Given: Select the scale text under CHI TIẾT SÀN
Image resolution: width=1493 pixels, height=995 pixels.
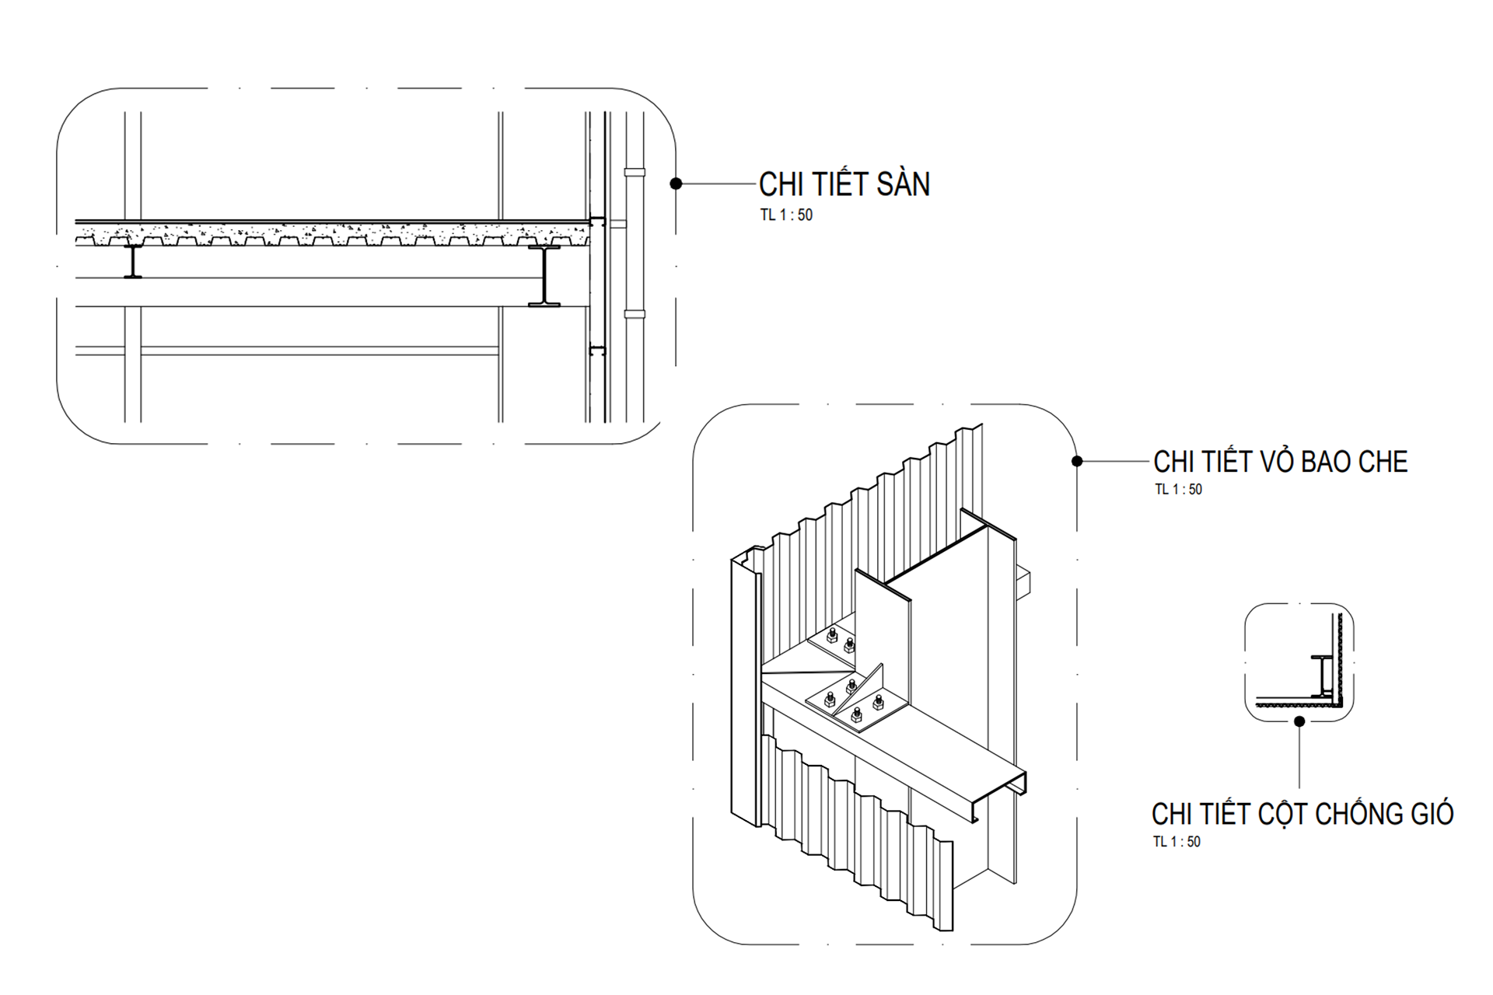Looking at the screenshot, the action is (x=786, y=215).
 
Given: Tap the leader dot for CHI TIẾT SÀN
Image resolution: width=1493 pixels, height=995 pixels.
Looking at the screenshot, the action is (x=676, y=183).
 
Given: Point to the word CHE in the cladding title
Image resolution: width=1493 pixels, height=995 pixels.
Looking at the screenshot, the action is (x=1383, y=462).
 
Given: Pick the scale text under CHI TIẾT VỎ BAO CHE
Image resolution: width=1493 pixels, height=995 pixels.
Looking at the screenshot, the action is (x=1178, y=490).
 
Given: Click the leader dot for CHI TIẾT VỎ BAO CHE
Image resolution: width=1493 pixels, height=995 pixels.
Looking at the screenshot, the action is (x=1077, y=462).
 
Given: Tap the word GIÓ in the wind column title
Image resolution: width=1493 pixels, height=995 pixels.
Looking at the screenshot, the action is (x=1428, y=813).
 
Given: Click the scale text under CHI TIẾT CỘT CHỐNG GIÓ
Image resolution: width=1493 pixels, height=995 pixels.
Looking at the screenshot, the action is (x=1177, y=842).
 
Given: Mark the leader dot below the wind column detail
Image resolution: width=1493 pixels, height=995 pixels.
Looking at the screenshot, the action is (x=1299, y=721).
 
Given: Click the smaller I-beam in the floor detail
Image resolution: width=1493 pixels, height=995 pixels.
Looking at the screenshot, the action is (x=133, y=261).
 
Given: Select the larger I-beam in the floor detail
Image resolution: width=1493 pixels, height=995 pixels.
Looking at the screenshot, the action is (x=544, y=276).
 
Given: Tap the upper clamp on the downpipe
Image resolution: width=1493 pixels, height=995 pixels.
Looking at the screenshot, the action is (x=635, y=171).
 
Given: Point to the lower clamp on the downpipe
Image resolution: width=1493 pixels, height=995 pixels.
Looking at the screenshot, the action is (x=635, y=315).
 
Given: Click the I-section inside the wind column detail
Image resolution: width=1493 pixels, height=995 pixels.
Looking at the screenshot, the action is (x=1322, y=675).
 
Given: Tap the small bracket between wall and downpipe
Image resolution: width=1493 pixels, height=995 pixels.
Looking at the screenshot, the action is (x=617, y=224).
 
